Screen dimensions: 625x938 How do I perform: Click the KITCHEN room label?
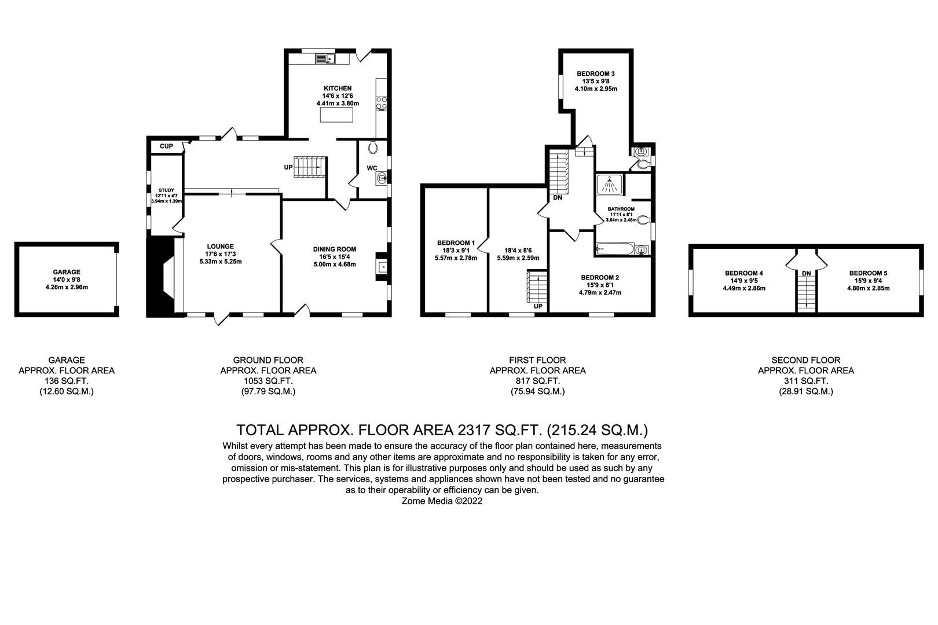click(x=338, y=89)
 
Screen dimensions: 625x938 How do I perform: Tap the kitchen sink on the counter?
click(x=323, y=58)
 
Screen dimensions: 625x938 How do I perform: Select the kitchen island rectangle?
click(x=338, y=116)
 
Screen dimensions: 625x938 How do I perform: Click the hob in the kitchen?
click(x=382, y=103)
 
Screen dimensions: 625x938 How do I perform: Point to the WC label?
click(x=372, y=168)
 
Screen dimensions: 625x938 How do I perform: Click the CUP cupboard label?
click(x=166, y=146)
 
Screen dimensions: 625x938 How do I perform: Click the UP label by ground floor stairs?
click(x=288, y=167)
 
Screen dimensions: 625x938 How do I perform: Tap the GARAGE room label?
click(x=67, y=272)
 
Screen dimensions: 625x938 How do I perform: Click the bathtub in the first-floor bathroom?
click(x=615, y=249)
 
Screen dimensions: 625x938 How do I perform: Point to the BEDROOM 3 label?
click(x=596, y=73)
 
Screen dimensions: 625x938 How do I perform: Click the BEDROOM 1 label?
click(x=456, y=243)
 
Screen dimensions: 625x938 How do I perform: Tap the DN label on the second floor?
click(x=806, y=273)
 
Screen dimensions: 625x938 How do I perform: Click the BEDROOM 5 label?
click(x=868, y=273)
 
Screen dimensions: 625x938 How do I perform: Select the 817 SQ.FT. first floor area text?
click(x=537, y=381)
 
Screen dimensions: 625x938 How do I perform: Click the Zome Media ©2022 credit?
click(x=442, y=501)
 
